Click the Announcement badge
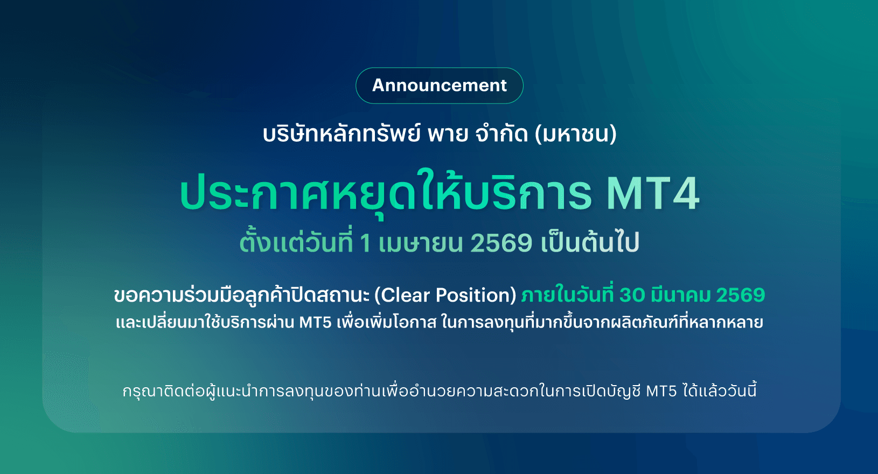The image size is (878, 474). coord(440,86)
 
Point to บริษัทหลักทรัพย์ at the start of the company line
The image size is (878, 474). coord(342,133)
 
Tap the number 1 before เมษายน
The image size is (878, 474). coord(365,243)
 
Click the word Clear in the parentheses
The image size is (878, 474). coord(406,295)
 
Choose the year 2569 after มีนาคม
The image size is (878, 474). coord(741,295)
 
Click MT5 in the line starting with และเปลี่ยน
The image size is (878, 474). coord(316,323)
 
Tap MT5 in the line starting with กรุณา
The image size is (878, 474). coord(661,391)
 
